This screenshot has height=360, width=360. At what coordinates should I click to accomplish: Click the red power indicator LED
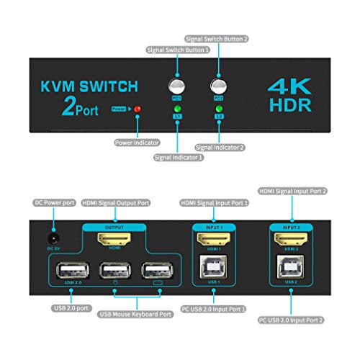click(138, 109)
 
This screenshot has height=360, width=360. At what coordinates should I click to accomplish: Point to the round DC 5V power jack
click(51, 235)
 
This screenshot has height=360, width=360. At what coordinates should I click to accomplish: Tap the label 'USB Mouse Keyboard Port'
click(137, 314)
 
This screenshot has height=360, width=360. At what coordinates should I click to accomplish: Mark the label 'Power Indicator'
click(138, 142)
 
